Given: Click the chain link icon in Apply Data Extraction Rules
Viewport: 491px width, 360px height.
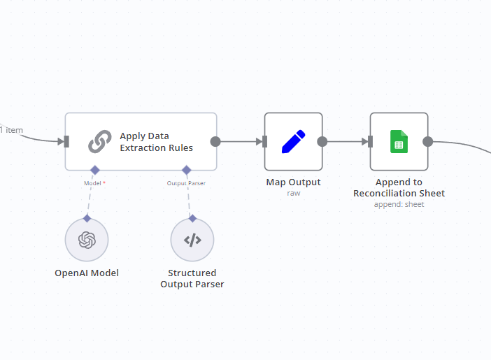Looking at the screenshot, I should (100, 142).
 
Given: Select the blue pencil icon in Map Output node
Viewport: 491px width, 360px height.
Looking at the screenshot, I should (293, 141).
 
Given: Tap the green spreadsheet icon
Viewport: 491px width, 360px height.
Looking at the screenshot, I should (399, 141).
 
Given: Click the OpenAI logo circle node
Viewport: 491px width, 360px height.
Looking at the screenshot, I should (87, 240).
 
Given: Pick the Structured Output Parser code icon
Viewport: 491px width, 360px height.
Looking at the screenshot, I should (192, 240).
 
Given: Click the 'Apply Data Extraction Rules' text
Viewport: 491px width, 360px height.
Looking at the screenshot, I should (156, 142).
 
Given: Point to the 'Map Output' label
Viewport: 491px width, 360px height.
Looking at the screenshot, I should (293, 182).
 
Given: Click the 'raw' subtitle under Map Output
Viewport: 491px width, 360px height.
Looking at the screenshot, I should (293, 193).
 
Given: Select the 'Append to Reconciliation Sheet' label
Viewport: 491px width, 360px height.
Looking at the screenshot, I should (399, 187).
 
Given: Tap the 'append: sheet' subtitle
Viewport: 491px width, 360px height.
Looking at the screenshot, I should (399, 204).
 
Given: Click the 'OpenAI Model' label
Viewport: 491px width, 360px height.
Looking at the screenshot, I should (87, 273).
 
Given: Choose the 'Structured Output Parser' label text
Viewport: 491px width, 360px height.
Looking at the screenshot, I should (192, 278).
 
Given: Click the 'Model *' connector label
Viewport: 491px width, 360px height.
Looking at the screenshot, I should (94, 183).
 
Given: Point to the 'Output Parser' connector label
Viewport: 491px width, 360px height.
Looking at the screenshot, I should (186, 183).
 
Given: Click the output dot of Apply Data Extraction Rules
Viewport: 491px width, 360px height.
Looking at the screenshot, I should (215, 141).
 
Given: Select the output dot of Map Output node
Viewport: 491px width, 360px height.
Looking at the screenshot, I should (322, 141).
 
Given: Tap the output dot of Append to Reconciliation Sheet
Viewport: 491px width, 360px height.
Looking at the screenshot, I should (427, 141).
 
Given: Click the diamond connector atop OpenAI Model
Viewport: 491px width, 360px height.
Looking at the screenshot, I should (87, 218).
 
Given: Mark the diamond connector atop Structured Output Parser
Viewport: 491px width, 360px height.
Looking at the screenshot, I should (192, 218).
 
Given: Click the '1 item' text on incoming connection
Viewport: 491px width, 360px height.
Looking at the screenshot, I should (11, 129).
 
